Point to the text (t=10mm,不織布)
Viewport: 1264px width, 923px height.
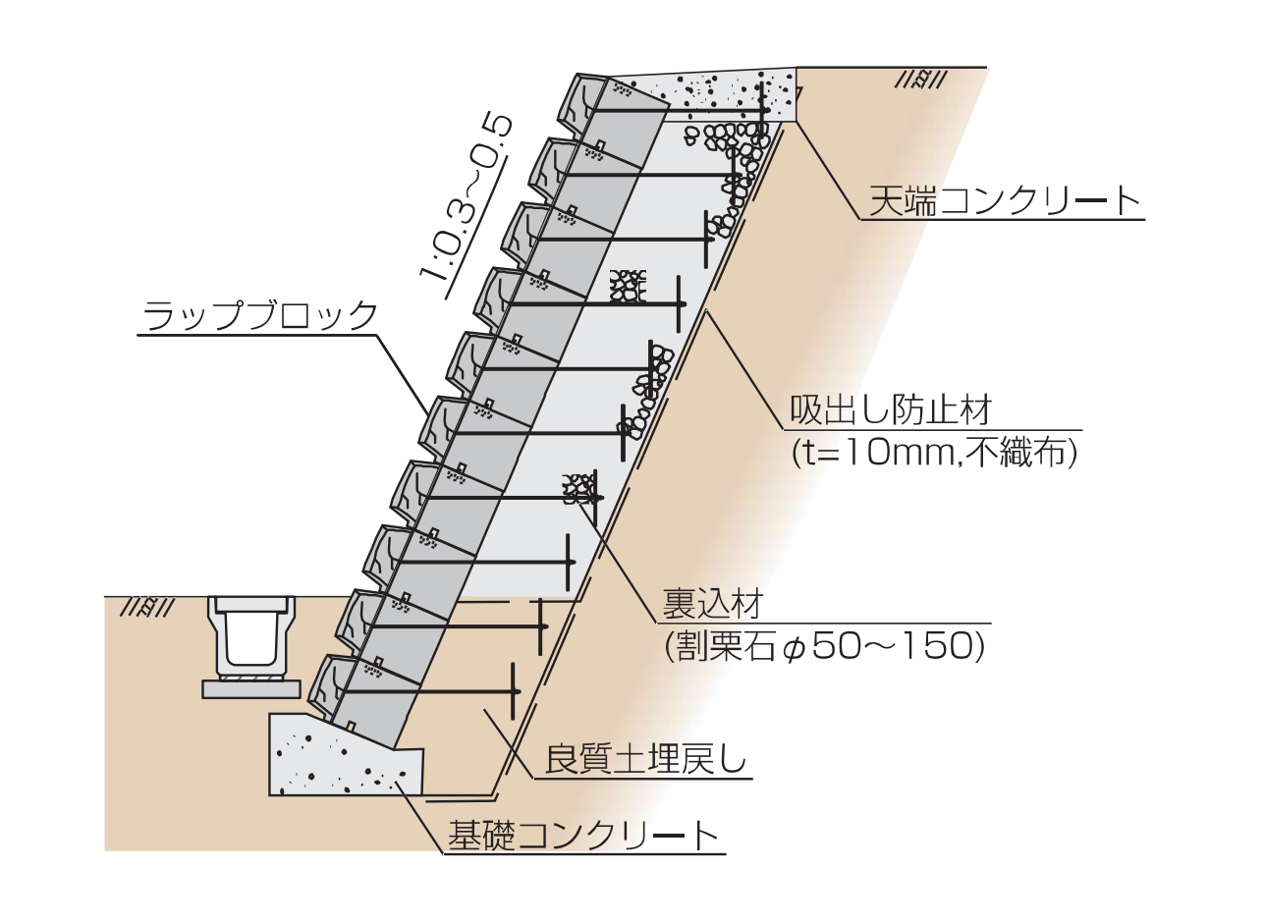(x=934, y=452)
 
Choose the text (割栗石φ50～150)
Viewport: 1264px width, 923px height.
(x=824, y=645)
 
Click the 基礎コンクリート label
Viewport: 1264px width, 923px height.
(x=583, y=836)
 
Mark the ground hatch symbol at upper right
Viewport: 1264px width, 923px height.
(x=920, y=81)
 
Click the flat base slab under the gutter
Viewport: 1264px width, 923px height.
(x=250, y=689)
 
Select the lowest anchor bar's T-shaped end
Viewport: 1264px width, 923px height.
(x=515, y=693)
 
